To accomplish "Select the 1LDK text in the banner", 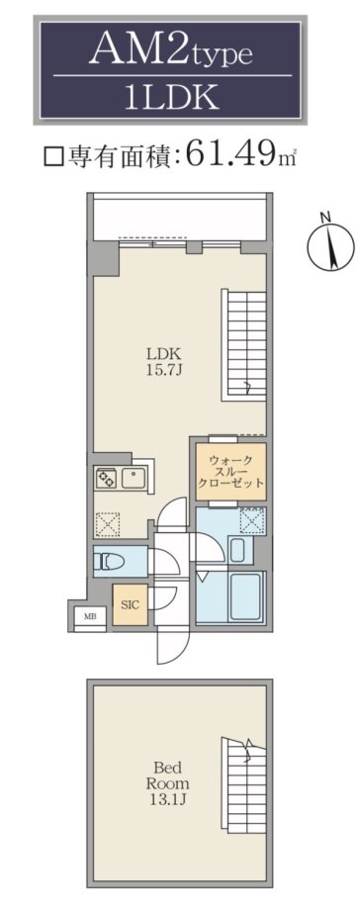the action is [x=171, y=96].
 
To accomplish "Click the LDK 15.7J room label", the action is [x=164, y=360].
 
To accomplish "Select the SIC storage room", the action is [x=130, y=604].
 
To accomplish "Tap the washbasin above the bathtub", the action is [x=237, y=550].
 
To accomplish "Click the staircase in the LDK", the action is [x=244, y=345].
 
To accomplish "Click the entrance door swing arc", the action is [x=172, y=648].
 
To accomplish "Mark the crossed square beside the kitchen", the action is [x=107, y=524].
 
